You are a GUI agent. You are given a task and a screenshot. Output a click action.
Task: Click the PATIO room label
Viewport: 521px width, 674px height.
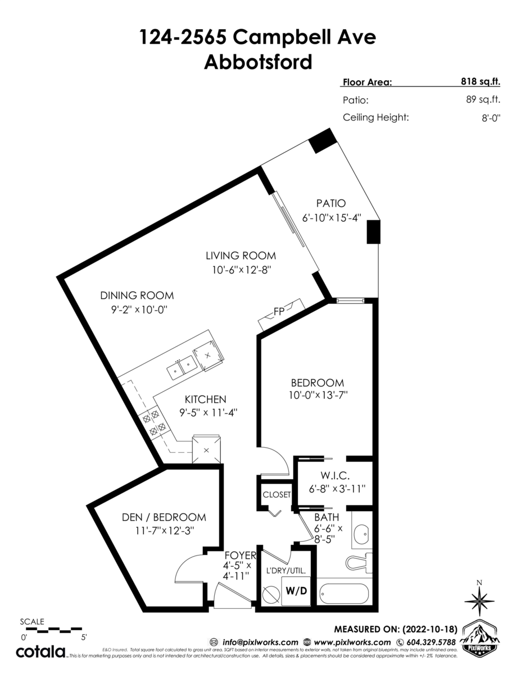coord(330,203)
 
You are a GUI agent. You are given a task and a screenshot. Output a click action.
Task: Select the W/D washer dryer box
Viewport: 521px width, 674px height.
coord(296,591)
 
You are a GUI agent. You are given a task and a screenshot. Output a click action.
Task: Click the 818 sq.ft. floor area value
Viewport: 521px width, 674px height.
coord(477,82)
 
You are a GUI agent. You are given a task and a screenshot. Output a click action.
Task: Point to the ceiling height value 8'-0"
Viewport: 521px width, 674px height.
coord(490,118)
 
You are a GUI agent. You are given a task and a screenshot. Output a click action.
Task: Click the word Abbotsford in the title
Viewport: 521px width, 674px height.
coord(257,62)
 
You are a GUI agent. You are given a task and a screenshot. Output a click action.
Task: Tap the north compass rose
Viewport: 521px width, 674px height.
coord(479,600)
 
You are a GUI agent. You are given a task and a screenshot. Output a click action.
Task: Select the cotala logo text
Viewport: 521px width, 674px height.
coord(40,652)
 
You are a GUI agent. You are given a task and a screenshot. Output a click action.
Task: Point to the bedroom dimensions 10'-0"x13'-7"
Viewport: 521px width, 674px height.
coord(316,395)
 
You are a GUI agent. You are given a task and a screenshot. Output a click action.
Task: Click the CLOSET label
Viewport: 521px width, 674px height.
coord(277,495)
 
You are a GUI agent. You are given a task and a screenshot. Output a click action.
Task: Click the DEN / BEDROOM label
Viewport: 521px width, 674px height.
coord(164,517)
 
